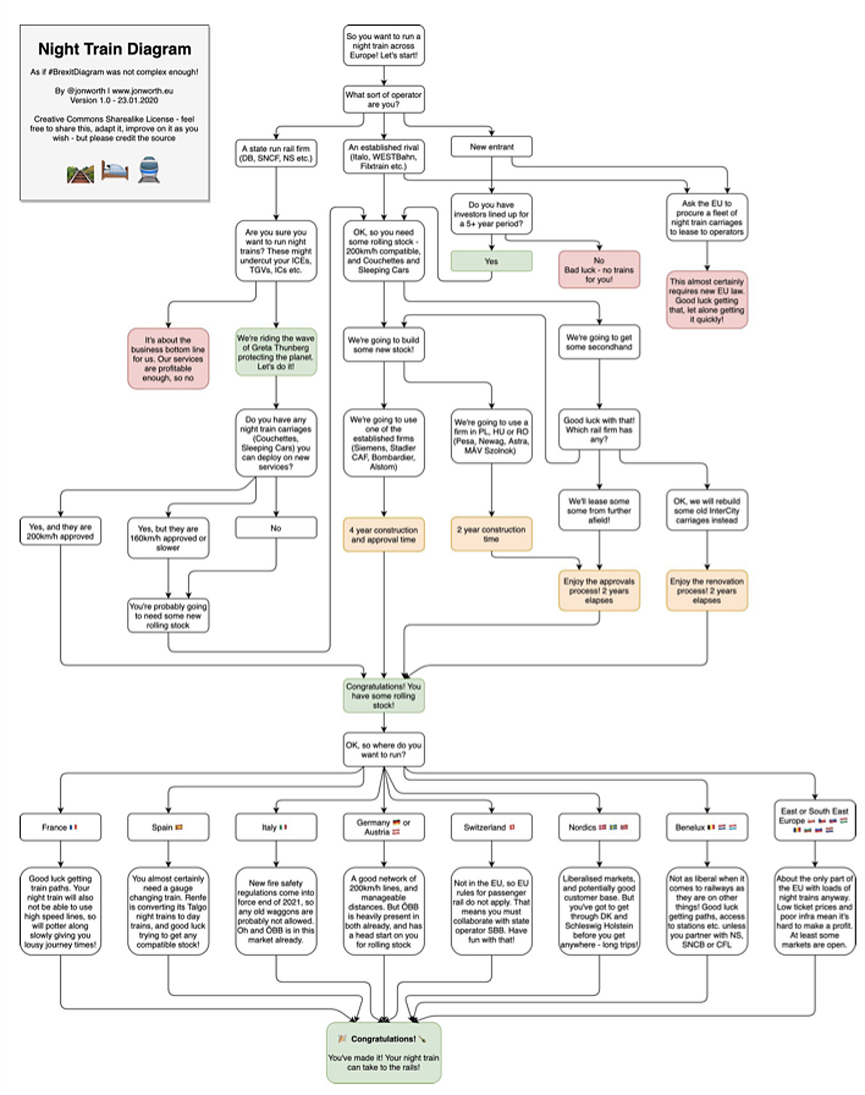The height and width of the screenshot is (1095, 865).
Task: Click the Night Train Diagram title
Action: click(x=114, y=49)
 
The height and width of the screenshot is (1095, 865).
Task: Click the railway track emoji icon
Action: click(x=80, y=174)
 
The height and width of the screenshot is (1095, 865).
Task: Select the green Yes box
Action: click(x=491, y=261)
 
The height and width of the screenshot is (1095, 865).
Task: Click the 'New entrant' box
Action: click(x=491, y=147)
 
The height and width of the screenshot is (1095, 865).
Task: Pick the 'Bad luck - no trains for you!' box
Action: click(x=599, y=269)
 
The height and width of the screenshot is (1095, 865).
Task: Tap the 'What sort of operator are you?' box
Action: click(x=384, y=100)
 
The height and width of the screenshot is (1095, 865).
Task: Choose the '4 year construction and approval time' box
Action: click(x=384, y=535)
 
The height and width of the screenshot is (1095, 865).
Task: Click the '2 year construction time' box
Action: click(x=491, y=534)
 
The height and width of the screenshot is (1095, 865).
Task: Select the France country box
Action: click(x=60, y=827)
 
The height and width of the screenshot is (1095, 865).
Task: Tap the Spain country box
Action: click(x=168, y=827)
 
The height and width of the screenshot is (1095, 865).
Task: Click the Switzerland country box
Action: click(x=491, y=827)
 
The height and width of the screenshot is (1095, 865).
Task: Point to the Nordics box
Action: click(x=599, y=827)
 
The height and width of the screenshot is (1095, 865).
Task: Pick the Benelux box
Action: click(x=707, y=827)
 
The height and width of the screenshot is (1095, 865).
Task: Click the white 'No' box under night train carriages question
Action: click(x=276, y=528)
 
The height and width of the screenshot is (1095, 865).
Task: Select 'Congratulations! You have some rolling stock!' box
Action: click(x=384, y=696)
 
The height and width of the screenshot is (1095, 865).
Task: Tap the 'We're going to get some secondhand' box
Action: click(x=599, y=342)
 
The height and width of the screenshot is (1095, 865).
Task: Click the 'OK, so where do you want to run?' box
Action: click(x=384, y=750)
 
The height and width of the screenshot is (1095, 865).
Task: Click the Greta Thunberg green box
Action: click(x=276, y=353)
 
